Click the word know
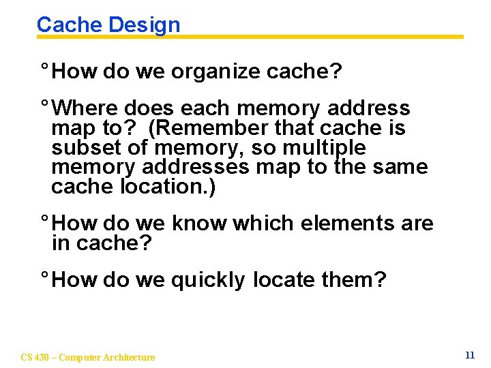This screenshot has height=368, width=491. [200, 224]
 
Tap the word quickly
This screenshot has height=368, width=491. [207, 280]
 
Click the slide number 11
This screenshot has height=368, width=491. [469, 355]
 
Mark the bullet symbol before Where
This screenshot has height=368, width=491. [44, 106]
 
